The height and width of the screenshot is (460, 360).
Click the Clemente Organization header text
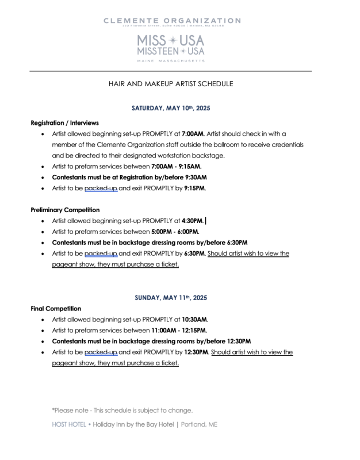(172, 21)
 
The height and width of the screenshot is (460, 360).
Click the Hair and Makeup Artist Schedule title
(171, 84)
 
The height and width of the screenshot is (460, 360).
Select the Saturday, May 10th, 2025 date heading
(171, 108)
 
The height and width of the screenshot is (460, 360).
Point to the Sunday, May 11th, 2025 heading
(171, 298)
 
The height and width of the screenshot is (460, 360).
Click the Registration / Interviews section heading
(64, 122)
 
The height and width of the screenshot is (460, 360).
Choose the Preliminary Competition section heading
(65, 210)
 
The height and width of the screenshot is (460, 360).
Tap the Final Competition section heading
(56, 309)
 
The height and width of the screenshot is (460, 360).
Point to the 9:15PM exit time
(194, 188)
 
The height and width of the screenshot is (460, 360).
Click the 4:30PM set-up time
(193, 221)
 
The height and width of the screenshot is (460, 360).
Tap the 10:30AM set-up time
(194, 320)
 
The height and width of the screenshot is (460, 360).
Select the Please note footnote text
(122, 411)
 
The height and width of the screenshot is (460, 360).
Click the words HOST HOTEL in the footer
(68, 424)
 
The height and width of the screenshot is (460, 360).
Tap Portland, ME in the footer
(201, 424)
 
